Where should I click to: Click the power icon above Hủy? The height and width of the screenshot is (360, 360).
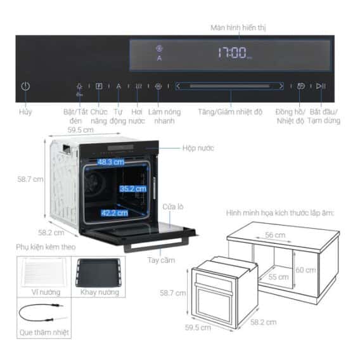[x=25, y=86]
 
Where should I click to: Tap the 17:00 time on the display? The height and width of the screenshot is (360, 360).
[x=231, y=53]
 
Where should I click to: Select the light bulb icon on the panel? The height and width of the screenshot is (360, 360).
[x=79, y=86]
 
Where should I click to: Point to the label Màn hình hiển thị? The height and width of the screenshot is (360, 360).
[x=238, y=28]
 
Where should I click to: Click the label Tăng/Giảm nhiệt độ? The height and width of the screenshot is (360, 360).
[x=229, y=112]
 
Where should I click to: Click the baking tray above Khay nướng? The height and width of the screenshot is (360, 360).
[x=97, y=272]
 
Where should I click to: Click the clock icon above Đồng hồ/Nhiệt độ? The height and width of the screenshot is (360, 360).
[x=301, y=86]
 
